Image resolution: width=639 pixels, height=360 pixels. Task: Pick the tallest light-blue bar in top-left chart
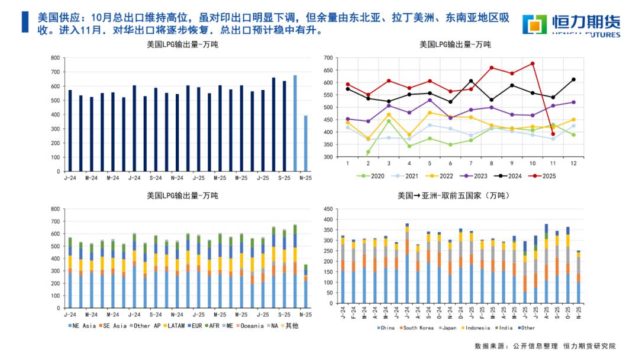click(x=295, y=123)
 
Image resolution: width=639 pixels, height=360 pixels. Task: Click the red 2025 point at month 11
click(x=553, y=134)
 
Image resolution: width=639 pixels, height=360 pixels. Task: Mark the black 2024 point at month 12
click(x=573, y=79)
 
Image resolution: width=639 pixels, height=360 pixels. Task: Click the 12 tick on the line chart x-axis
click(x=573, y=163)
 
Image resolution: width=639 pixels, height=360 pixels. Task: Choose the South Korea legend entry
click(x=419, y=327)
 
